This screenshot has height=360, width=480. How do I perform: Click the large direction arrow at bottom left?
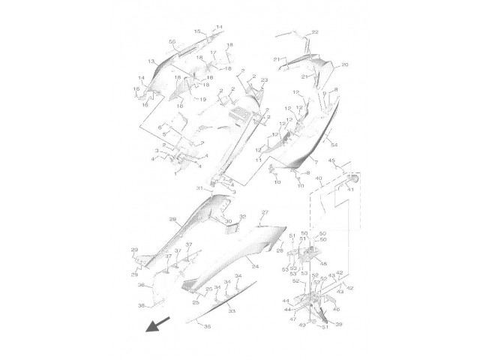pos(157,324)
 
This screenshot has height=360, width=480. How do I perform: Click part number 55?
pos(172,42)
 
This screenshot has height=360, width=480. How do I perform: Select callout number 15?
pos(198,31)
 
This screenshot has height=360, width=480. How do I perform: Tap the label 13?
pos(151,61)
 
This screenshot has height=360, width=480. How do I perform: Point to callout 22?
pos(315,32)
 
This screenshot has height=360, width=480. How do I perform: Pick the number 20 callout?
pos(344,65)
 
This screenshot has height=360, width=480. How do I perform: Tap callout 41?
pos(349,190)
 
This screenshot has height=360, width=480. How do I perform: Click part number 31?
pos(199,187)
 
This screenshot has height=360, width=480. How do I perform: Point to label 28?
pos(172,220)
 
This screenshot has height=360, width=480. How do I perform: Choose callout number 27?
pos(264,214)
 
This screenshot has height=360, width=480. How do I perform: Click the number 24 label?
pos(255,266)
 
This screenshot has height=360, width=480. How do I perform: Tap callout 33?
pos(232,310)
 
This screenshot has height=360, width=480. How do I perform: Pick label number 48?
pos(324,263)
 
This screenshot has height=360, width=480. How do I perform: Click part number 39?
pos(338,324)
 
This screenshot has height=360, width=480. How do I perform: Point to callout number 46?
pos(336,308)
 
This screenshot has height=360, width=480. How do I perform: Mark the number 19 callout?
pos(202,99)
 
